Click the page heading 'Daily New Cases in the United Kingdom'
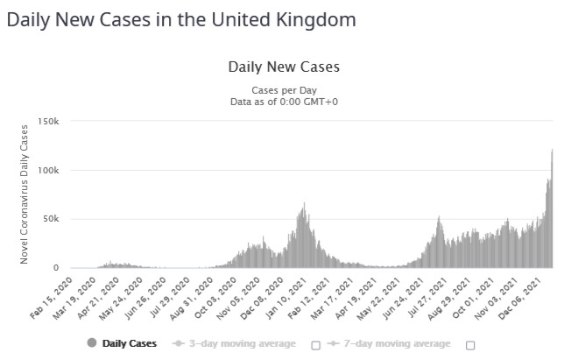[x=180, y=19]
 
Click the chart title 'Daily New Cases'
[x=283, y=67]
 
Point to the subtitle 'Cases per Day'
[x=283, y=90]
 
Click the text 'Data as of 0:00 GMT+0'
[x=283, y=102]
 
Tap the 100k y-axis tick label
[x=48, y=170]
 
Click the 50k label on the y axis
[x=52, y=219]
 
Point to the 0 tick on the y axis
[x=55, y=268]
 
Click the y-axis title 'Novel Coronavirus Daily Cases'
[x=25, y=194]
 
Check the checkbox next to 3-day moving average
[x=316, y=344]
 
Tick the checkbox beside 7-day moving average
[x=470, y=344]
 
